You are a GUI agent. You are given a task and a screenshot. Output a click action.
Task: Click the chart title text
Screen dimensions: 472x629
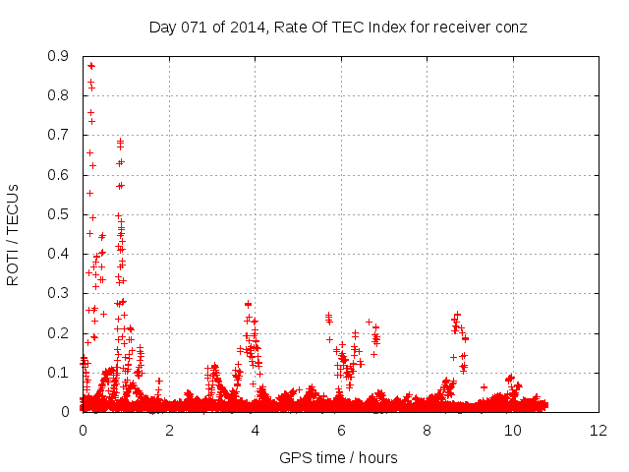click(338, 27)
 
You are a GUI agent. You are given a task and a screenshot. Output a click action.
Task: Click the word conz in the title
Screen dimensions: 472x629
click(511, 27)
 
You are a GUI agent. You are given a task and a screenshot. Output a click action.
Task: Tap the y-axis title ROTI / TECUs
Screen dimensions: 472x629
click(14, 234)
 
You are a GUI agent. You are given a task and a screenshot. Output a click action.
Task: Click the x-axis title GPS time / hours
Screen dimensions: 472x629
click(338, 457)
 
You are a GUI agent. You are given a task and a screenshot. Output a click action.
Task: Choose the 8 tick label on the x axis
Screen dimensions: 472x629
click(427, 431)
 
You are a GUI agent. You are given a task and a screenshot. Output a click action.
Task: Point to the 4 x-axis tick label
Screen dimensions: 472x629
click(255, 431)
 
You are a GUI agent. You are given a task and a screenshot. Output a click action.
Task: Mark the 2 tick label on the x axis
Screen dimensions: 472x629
click(168, 431)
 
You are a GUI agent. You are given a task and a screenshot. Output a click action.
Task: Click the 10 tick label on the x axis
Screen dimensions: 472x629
click(512, 431)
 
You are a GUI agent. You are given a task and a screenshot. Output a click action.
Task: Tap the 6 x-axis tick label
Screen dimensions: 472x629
click(340, 431)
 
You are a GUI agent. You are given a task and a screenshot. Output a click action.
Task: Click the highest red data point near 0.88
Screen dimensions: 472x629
click(91, 66)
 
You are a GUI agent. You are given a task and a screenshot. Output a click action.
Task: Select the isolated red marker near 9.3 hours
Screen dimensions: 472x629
click(484, 387)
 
